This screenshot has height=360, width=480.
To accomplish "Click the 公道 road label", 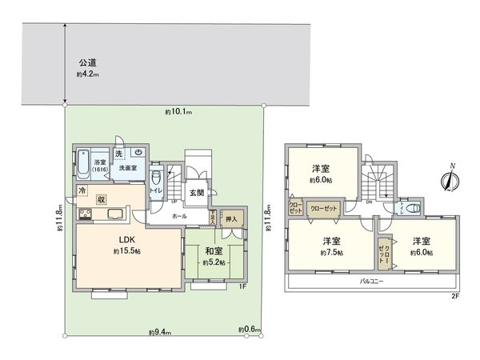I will click(x=87, y=62).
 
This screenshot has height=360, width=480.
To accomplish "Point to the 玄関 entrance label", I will click(x=197, y=192).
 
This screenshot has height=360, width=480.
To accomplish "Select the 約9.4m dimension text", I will click(x=157, y=330).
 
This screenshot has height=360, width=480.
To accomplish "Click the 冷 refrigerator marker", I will click(x=82, y=191).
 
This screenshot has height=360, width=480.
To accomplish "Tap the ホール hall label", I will click(x=180, y=216).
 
